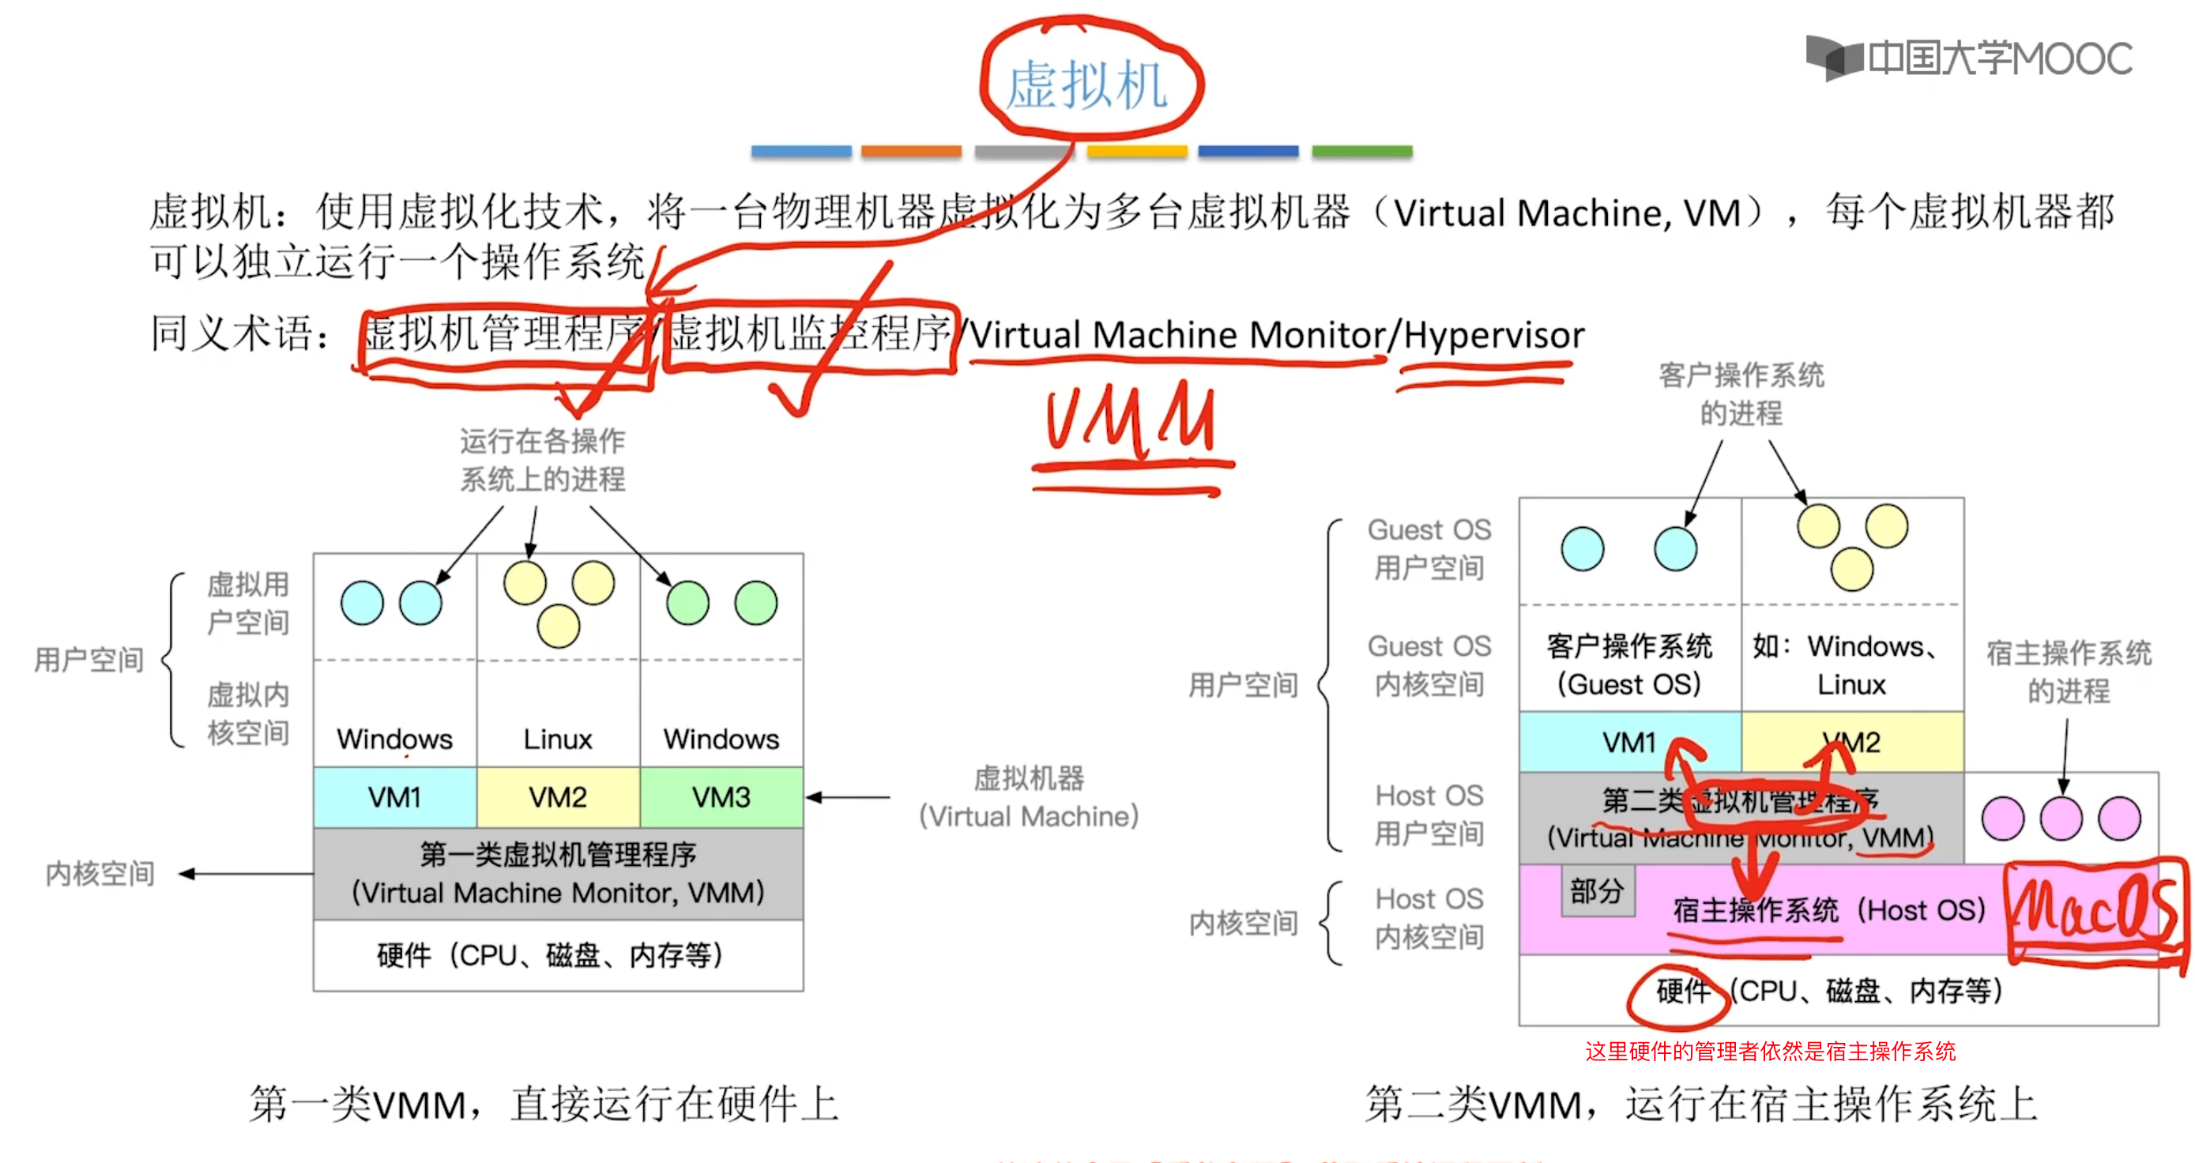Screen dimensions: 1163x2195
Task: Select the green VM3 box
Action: tap(721, 797)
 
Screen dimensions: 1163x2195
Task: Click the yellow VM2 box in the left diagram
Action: tap(558, 797)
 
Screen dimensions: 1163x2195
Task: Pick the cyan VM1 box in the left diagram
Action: tap(394, 797)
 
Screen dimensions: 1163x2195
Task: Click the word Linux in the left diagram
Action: tap(558, 739)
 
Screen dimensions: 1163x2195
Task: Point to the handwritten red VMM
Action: tap(1130, 421)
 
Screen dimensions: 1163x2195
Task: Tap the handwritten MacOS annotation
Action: tap(2095, 912)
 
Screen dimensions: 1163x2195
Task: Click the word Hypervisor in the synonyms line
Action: tap(1493, 335)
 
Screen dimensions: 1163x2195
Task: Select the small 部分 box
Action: tap(1597, 891)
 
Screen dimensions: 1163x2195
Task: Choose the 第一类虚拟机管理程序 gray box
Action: tap(558, 873)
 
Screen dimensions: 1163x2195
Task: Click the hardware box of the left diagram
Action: tap(558, 955)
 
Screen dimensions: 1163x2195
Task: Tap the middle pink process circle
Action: tap(2061, 819)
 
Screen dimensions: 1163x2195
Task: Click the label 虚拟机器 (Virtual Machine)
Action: tap(1029, 797)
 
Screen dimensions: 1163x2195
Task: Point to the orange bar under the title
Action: tap(911, 152)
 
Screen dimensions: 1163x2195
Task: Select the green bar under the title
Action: tap(1361, 152)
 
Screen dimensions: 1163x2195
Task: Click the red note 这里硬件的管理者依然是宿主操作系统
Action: tap(1770, 1052)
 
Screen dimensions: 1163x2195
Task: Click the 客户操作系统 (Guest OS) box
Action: tap(1629, 664)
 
